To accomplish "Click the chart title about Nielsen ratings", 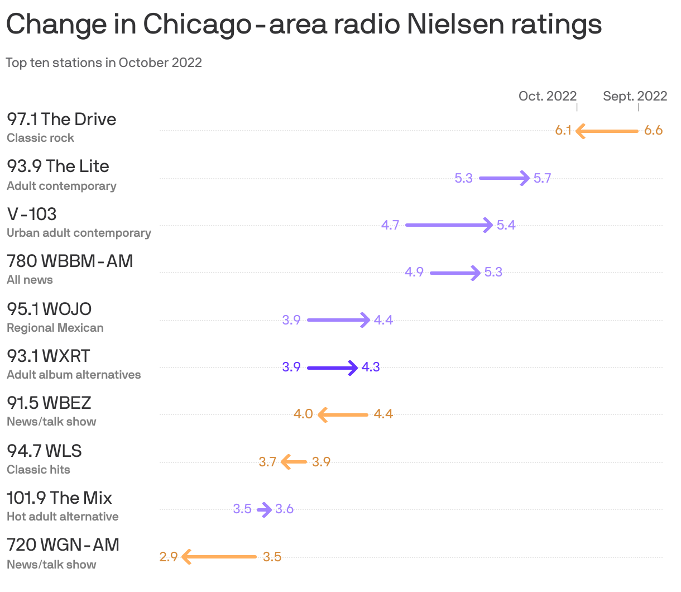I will pos(304,24).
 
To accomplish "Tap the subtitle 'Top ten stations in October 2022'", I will pos(104,63).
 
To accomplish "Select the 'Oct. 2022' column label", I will pos(547,96).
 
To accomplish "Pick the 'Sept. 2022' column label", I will pos(635,96).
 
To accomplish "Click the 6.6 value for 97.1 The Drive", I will pos(653,131).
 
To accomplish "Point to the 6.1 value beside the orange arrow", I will pos(563,131).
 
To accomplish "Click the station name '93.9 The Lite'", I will pos(58,166).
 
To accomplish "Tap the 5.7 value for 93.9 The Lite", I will pos(542,178).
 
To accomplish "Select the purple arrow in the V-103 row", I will pos(449,225).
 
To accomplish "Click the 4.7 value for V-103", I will pos(390,225).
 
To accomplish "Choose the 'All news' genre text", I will pos(30,280).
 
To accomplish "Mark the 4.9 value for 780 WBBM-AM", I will pos(414,272).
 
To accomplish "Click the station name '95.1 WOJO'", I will pos(49,309).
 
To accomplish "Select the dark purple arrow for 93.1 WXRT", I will pos(332,367).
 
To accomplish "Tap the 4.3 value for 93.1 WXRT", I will pos(371,367).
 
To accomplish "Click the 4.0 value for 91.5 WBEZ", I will pos(303,414).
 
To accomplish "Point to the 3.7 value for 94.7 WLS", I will pos(267,462).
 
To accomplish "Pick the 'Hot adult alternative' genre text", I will pos(63,517).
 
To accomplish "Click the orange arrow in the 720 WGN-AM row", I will pos(219,557).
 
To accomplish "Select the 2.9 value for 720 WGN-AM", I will pos(168,557).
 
